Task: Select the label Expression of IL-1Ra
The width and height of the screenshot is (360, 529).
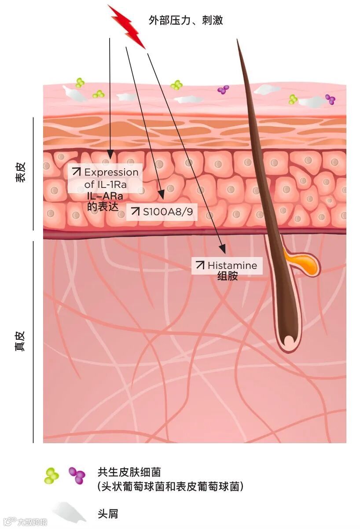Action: (106, 179)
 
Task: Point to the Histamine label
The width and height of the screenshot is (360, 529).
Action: (227, 265)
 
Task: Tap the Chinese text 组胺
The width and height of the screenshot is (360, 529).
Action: (228, 277)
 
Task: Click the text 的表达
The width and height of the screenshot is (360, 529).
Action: (103, 206)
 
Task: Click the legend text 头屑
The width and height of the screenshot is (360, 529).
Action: (107, 514)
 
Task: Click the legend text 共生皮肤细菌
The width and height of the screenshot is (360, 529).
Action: (129, 473)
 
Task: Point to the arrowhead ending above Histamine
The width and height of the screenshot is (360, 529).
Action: (223, 250)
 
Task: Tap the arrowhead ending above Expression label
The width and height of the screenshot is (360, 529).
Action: (110, 156)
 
